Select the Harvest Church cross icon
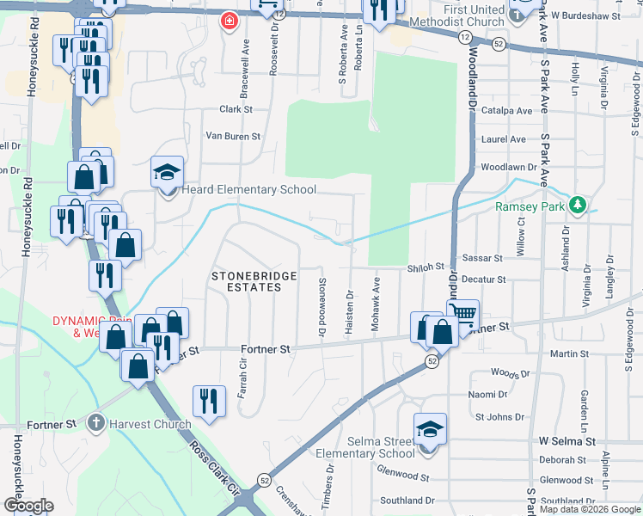click(x=95, y=423)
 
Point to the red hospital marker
click(x=229, y=20)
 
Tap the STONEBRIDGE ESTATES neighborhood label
click(x=254, y=282)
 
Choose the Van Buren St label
click(x=232, y=136)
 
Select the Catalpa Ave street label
click(x=507, y=110)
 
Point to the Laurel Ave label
click(x=505, y=138)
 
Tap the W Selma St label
click(x=566, y=440)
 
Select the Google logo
click(x=28, y=506)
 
